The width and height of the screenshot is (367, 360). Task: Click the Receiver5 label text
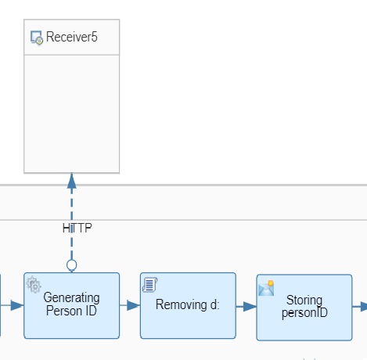tap(72, 37)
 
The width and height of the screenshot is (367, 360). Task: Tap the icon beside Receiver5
tap(37, 38)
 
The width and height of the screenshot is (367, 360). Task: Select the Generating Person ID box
tap(72, 305)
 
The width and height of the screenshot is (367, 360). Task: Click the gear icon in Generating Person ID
tap(34, 285)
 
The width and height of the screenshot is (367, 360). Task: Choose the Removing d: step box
tap(188, 305)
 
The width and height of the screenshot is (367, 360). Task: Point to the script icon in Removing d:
tap(149, 284)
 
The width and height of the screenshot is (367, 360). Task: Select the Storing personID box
tap(304, 308)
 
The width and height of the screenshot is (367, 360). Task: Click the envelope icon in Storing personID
tap(266, 288)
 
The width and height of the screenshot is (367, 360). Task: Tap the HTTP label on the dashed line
tap(77, 228)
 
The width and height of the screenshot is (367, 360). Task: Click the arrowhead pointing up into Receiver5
tap(72, 181)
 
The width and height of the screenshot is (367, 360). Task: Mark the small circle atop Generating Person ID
tap(72, 265)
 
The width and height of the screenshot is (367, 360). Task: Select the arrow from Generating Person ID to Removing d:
tap(130, 305)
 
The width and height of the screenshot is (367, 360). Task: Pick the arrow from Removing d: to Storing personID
tap(246, 307)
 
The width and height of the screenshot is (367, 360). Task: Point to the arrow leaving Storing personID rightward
tap(360, 307)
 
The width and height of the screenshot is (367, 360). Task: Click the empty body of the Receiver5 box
tap(72, 113)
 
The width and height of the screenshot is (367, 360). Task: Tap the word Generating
tap(71, 298)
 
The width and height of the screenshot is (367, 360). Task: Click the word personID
tap(304, 313)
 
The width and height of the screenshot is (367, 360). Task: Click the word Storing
tap(304, 301)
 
